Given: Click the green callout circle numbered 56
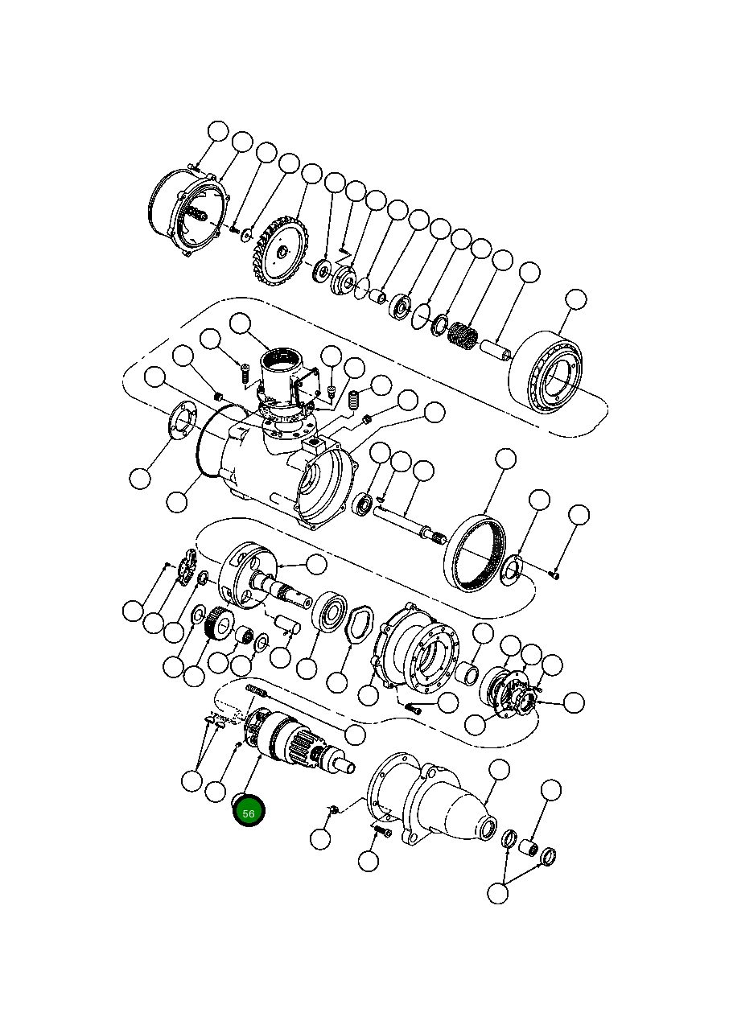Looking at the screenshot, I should (x=249, y=813).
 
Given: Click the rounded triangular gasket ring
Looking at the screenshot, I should (x=356, y=624).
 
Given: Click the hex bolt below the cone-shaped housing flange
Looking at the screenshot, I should (x=382, y=831).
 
